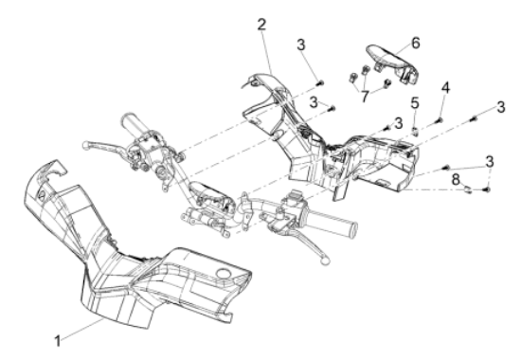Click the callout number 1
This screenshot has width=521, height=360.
[x=58, y=341]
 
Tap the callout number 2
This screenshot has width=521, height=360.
[x=261, y=25]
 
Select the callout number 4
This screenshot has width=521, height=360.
[x=445, y=88]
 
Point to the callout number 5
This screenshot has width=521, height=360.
[x=415, y=103]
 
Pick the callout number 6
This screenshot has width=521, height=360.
[x=415, y=44]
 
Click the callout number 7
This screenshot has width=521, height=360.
[x=365, y=97]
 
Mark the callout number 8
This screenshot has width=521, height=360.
[x=456, y=180]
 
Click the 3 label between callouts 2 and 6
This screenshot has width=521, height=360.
[x=300, y=45]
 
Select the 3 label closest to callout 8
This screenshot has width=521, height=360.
[x=489, y=162]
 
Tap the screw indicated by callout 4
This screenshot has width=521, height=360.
[x=440, y=119]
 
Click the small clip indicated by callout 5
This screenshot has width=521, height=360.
[x=415, y=131]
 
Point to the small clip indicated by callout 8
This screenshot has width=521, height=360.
[x=468, y=189]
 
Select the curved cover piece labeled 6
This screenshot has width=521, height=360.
[x=393, y=63]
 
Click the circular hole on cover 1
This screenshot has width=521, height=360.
[x=223, y=273]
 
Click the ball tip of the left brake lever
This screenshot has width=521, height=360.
[x=85, y=145]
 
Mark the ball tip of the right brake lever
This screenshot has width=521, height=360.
[x=324, y=260]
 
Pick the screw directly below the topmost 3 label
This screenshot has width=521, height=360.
[x=320, y=82]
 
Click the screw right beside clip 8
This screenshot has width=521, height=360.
[x=487, y=189]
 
